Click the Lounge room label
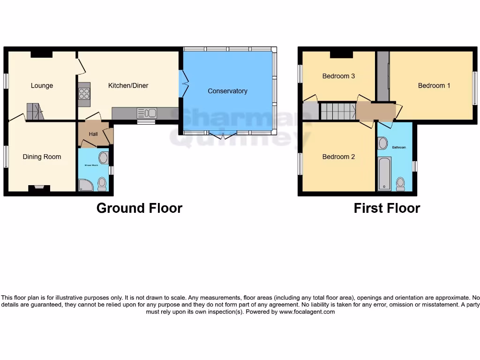(x=42, y=86)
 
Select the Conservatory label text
(x=227, y=91)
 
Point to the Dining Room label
(x=42, y=157)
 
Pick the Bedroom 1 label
(x=434, y=86)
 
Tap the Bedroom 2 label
(x=338, y=157)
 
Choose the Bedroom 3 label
(x=338, y=76)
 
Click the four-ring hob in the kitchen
(x=84, y=94)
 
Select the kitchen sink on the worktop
(x=147, y=113)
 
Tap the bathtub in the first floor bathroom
(x=384, y=174)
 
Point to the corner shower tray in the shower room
(x=86, y=185)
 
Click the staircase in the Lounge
(x=35, y=112)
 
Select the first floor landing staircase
(x=337, y=112)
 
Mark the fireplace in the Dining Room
(x=38, y=188)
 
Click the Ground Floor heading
(x=139, y=208)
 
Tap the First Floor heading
(x=387, y=208)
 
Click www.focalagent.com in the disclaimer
(x=307, y=312)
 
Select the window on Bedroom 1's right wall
(x=474, y=88)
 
